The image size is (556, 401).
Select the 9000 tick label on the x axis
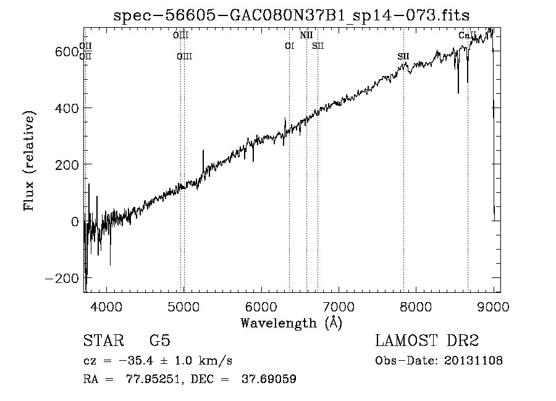click(x=493, y=306)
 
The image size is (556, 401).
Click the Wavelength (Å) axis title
click(x=291, y=323)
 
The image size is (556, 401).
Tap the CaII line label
click(x=468, y=36)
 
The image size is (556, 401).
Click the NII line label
click(x=306, y=36)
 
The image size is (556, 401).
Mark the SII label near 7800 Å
click(x=403, y=57)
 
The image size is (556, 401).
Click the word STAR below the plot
click(x=103, y=341)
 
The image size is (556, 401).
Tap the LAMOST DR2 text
click(x=427, y=341)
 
